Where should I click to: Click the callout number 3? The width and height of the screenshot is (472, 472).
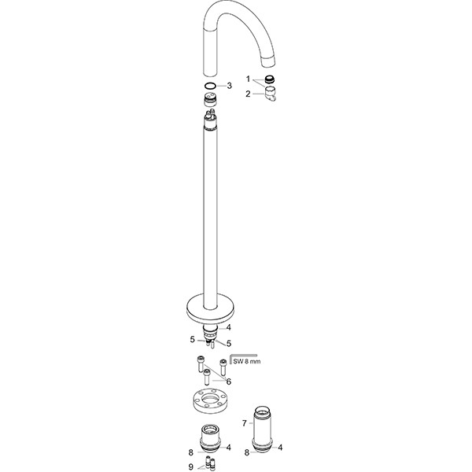pyautogui.click(x=229, y=85)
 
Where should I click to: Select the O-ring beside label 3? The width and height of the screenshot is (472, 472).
pyautogui.click(x=209, y=85)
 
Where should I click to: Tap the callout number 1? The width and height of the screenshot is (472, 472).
pyautogui.click(x=248, y=79)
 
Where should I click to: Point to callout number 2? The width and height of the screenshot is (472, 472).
pyautogui.click(x=248, y=94)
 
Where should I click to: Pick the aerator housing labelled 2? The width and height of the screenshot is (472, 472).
pyautogui.click(x=270, y=95)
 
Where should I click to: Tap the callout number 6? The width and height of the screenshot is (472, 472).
pyautogui.click(x=229, y=382)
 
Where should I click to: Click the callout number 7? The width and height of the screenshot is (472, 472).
pyautogui.click(x=245, y=423)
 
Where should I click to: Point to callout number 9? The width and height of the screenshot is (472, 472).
pyautogui.click(x=190, y=467)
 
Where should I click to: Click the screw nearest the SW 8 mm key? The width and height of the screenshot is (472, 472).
pyautogui.click(x=223, y=366)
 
